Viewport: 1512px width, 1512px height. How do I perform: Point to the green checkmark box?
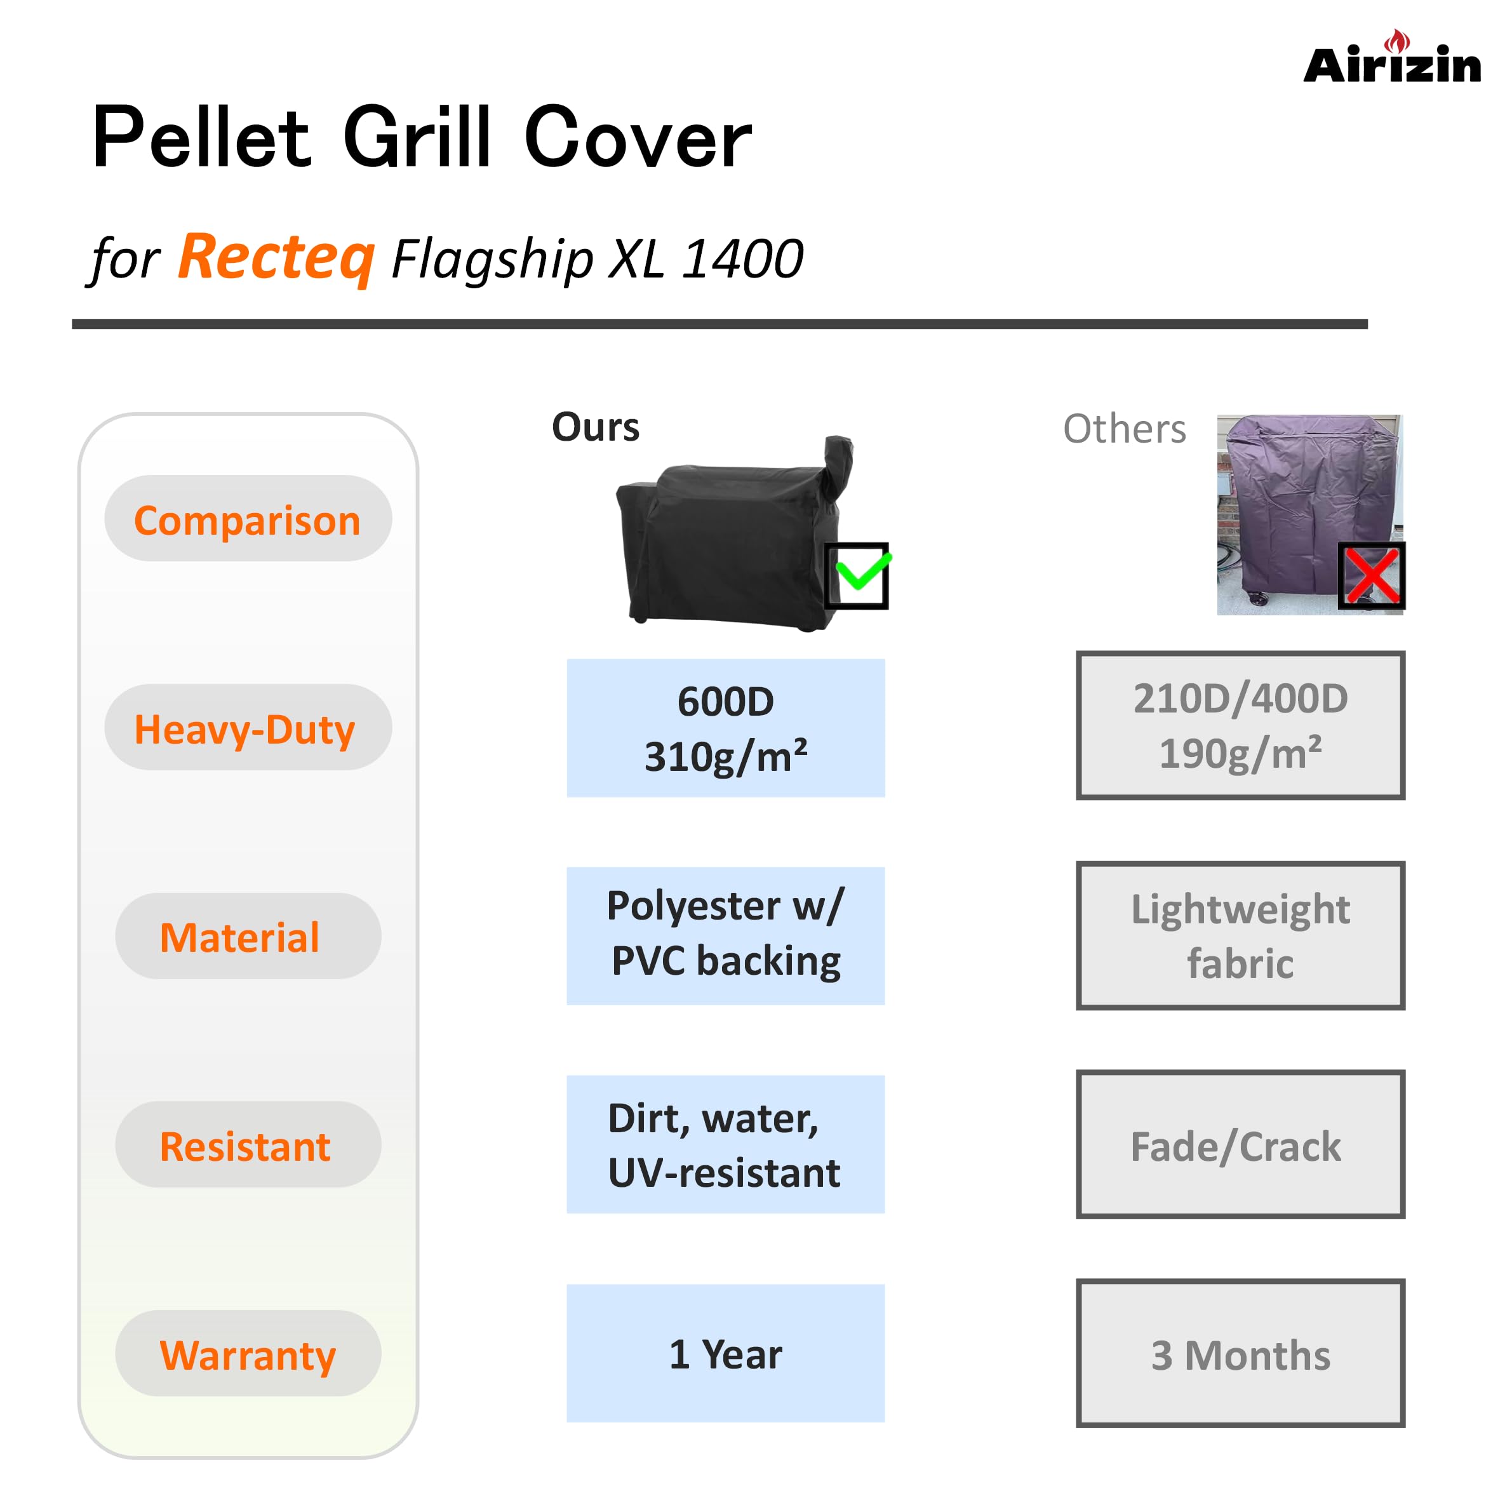(857, 575)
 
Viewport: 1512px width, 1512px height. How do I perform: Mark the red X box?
(1372, 575)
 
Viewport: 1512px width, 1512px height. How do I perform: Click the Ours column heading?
(596, 427)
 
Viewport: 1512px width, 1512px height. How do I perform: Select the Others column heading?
(1125, 429)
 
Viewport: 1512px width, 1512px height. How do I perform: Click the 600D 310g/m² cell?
(725, 728)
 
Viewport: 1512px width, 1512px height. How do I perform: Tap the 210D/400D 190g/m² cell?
(1240, 725)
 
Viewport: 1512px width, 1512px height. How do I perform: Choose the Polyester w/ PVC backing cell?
(725, 936)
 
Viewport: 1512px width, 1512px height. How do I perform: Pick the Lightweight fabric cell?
(1240, 936)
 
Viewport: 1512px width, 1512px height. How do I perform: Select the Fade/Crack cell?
(1240, 1144)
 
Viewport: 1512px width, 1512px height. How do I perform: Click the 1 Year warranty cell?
(725, 1353)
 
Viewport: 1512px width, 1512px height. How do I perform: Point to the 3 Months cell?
(1240, 1353)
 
